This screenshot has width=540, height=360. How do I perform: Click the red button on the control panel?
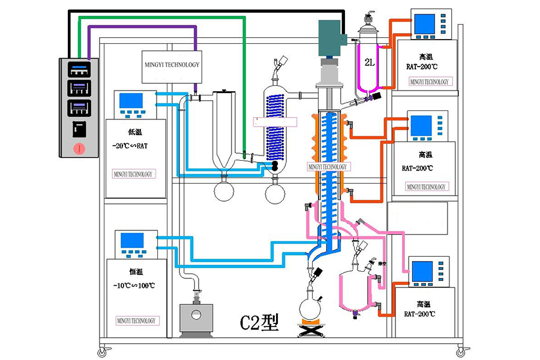78,148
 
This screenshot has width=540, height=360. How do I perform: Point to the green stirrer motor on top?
329,37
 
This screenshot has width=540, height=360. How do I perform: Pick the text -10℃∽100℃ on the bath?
133,285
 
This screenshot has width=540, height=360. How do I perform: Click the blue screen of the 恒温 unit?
132,240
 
